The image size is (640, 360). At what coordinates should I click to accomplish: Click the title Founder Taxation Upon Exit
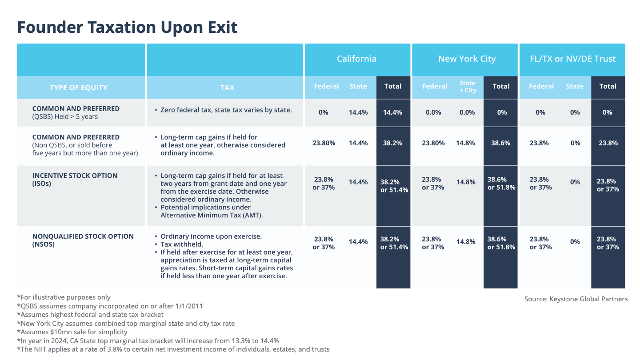127,28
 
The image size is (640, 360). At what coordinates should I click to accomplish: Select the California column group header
356,59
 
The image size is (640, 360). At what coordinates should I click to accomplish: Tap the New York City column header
467,59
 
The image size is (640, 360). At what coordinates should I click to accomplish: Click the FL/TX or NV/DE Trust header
573,59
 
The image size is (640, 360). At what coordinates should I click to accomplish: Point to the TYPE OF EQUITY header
79,88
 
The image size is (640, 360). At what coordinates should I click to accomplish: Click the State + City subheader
468,87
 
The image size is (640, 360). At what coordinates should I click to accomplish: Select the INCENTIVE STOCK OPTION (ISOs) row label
75,179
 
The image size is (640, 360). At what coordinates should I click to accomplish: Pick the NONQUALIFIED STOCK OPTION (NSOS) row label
83,240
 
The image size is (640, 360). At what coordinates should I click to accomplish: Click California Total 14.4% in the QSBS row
392,112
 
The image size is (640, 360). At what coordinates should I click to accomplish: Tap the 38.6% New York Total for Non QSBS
501,143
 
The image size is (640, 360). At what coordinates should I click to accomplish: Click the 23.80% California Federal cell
324,143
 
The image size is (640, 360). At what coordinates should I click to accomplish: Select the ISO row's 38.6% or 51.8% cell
501,184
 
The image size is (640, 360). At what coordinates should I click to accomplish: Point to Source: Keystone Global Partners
576,299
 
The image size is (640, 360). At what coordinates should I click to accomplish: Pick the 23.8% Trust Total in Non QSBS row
608,143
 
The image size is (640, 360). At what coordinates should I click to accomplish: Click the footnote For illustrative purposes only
64,297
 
